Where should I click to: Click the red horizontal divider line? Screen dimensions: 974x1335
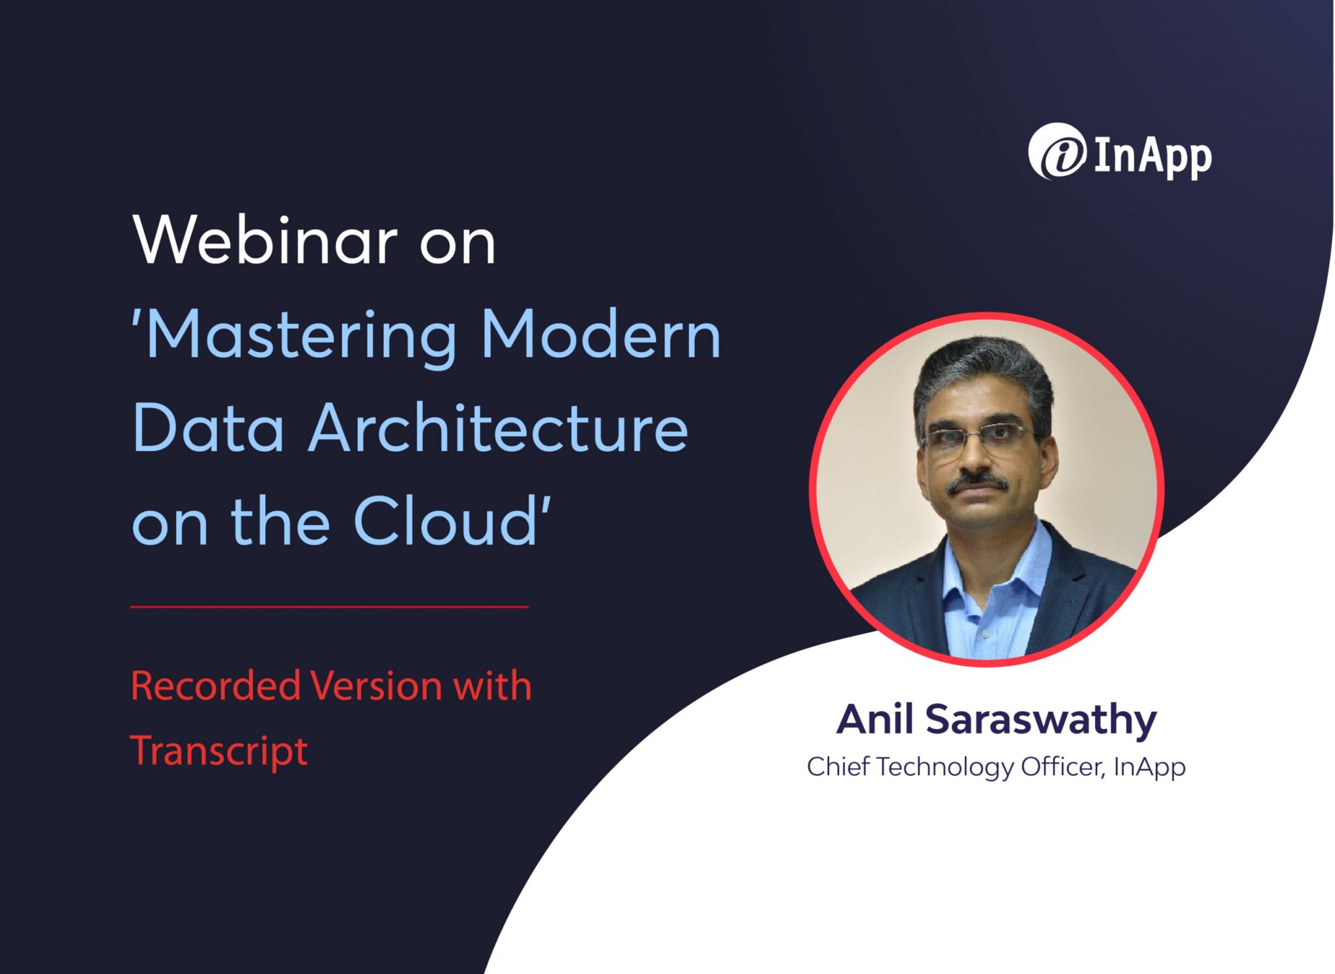329,606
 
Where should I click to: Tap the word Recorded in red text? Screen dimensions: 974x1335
215,686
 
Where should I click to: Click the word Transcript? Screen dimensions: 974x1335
219,751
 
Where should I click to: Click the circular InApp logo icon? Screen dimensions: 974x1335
1057,151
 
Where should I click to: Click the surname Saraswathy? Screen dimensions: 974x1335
1040,720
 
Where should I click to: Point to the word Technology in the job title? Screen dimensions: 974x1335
945,767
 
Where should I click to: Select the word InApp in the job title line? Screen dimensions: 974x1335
1149,767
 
